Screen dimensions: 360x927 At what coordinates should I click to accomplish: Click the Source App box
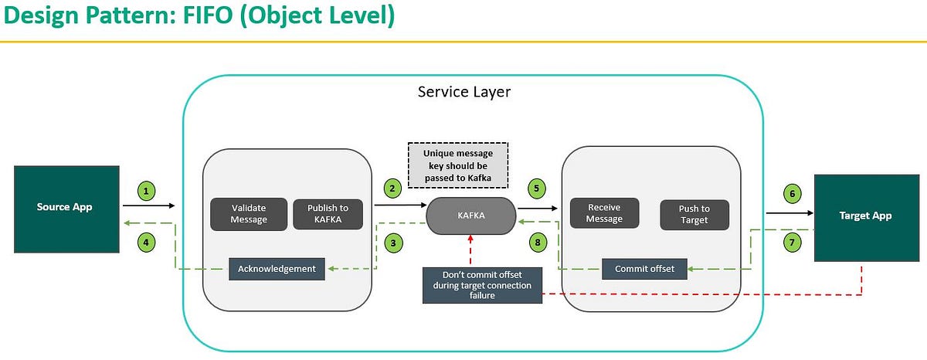66,209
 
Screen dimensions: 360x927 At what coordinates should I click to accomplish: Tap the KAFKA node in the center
471,216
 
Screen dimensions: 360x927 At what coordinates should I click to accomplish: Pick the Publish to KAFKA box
328,214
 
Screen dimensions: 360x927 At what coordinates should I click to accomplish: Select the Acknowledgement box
277,269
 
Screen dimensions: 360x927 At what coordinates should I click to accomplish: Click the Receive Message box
605,213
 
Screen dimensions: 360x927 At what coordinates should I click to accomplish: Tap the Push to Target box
694,214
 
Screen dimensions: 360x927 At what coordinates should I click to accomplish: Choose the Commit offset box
644,269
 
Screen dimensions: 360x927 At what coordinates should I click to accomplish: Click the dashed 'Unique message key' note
457,165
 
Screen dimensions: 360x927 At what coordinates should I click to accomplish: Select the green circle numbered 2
392,188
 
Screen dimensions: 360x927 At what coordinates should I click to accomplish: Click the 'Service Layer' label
463,92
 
